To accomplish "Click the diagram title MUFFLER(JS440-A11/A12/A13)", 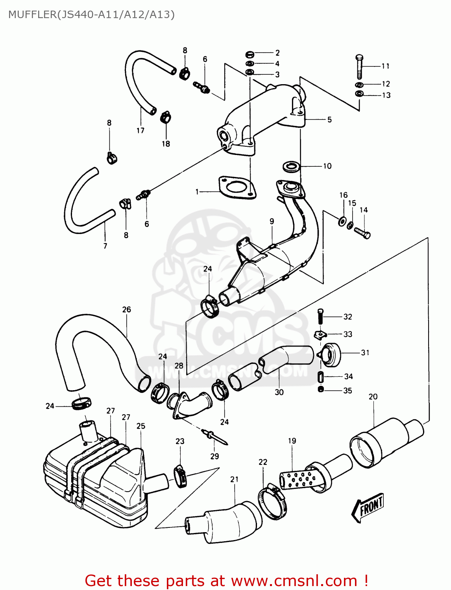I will coord(91,15).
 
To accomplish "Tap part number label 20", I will coord(373,396).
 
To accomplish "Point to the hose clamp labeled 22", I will coord(272,501).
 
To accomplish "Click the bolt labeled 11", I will coord(359,67).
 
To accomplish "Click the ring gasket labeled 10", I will coord(292,166).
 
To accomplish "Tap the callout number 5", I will coord(329,120).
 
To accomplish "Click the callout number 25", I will coord(141,426).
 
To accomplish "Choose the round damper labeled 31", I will coord(330,354).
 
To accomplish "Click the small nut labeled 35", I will coord(321,390).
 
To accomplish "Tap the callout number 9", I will coord(272,221).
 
